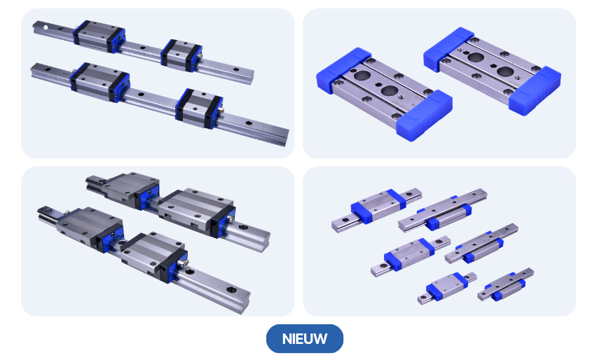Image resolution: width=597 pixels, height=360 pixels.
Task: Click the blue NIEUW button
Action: [x=305, y=338]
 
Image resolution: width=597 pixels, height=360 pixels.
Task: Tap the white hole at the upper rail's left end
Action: [x=46, y=27]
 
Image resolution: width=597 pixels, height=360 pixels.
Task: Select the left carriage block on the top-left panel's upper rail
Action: [x=99, y=36]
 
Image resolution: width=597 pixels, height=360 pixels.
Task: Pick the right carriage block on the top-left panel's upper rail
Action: [x=181, y=55]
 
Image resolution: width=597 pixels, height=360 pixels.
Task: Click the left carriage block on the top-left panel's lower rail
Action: [x=99, y=82]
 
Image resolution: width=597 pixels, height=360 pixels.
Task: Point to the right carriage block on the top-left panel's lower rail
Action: [x=199, y=109]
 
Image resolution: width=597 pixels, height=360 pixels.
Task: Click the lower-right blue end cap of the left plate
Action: [x=424, y=116]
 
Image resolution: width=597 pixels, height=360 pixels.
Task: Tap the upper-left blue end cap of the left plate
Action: [x=344, y=70]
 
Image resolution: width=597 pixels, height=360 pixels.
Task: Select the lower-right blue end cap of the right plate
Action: [x=535, y=91]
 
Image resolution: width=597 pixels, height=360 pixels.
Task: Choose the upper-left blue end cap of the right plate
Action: [x=449, y=49]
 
